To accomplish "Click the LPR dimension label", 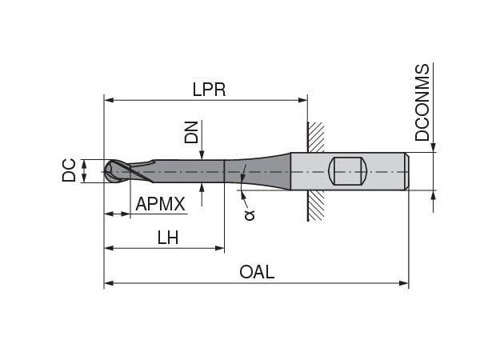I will pos(209,90).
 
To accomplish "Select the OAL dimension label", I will pos(257,272).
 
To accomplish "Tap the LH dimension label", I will pos(167,238).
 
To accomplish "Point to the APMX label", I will pos(160,204).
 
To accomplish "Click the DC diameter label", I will pos(69,170).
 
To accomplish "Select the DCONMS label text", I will pos(422,102).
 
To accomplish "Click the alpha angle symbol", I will pos(249,214).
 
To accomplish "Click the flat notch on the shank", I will pos(348,170).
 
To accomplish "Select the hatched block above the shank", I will pos(316,137).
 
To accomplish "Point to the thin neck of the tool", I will pos(188,170).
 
